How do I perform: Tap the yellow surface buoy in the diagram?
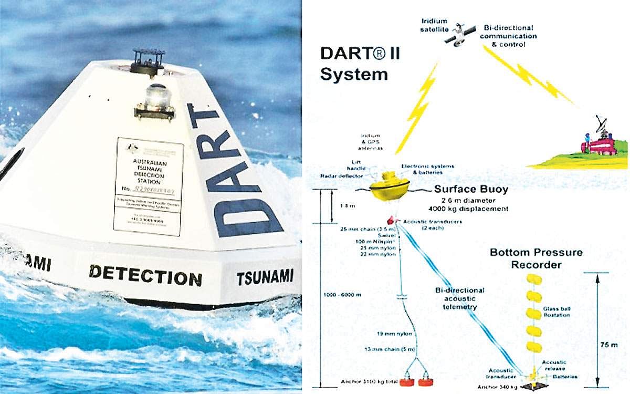tap(390, 188)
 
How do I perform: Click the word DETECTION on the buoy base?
tap(145, 275)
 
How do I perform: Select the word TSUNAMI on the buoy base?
tap(265, 276)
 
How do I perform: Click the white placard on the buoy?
tap(149, 186)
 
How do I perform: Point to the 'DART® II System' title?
tap(360, 64)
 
